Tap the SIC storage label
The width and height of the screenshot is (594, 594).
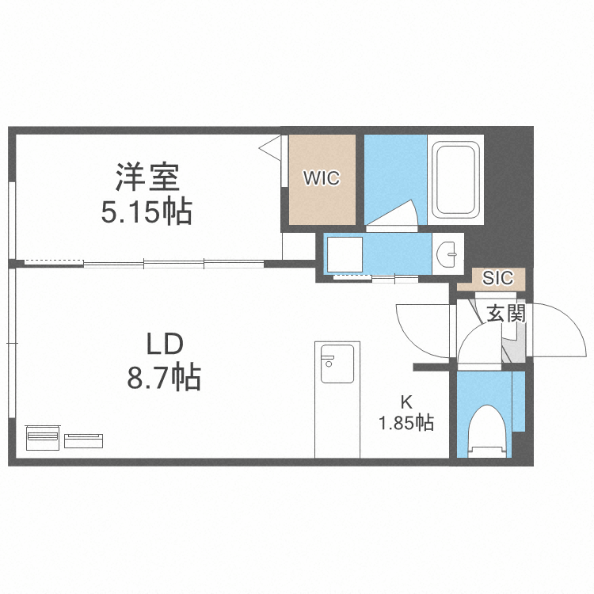[498, 278]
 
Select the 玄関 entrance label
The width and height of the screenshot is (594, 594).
[505, 313]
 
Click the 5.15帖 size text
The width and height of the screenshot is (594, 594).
[147, 211]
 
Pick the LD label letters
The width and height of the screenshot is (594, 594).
[164, 344]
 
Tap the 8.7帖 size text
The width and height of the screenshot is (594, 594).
[164, 378]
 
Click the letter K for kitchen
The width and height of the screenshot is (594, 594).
[406, 401]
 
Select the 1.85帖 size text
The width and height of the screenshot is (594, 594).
[406, 423]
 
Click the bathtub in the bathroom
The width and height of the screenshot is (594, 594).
[457, 181]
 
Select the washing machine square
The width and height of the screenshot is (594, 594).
[345, 254]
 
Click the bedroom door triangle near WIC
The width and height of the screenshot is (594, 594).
[273, 146]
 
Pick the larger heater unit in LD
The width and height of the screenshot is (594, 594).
[43, 437]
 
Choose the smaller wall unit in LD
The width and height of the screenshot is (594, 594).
[83, 439]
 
